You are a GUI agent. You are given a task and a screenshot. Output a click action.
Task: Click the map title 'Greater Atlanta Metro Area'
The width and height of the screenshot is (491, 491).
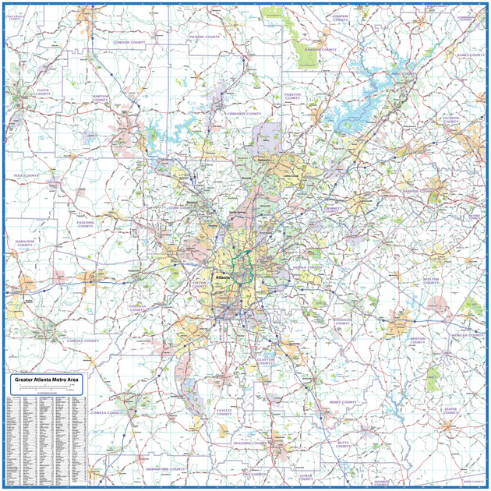pos(47,380)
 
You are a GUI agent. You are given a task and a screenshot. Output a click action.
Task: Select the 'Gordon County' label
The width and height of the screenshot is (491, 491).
pos(131,42)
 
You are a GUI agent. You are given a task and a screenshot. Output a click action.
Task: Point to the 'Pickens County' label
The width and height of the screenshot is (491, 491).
pos(204,36)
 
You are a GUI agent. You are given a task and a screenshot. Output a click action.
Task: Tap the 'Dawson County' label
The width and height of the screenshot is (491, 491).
pos(321,49)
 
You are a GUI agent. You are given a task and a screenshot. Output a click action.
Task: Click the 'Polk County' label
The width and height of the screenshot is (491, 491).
pos(26,176)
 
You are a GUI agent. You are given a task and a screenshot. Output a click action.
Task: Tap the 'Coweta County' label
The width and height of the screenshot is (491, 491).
pos(105,412)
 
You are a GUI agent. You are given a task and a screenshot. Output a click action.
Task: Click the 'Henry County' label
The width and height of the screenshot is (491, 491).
pos(342,402)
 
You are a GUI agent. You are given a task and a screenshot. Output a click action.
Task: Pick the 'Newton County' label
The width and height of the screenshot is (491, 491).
pos(419,341)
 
